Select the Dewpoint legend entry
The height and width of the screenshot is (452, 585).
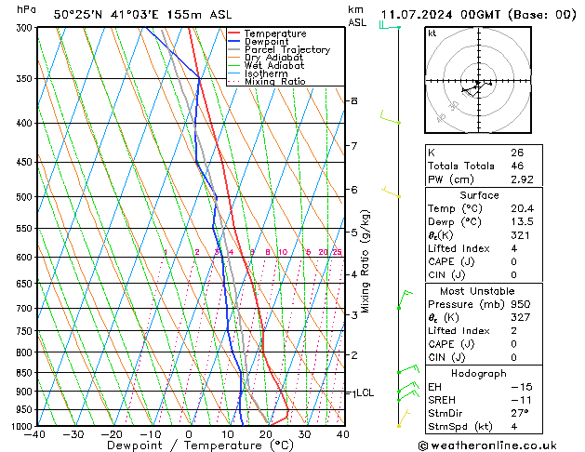coord(267,42)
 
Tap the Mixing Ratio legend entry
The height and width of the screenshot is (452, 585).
coord(274,82)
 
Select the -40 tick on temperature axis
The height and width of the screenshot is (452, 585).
coord(36,434)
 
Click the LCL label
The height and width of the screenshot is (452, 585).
coord(365,392)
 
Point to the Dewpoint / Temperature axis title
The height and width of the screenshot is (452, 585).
coord(190,445)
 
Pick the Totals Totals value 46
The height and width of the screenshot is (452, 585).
coord(516,166)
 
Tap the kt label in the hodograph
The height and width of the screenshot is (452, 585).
coord(432,33)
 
